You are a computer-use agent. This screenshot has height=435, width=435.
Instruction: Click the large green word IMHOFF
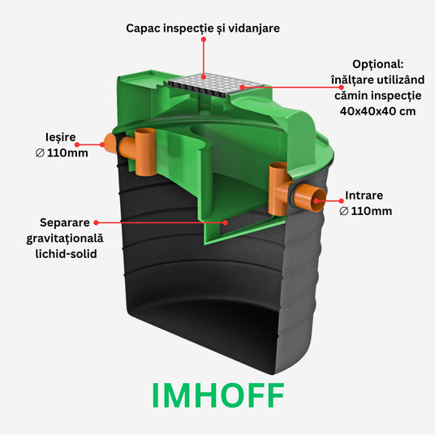(218, 395)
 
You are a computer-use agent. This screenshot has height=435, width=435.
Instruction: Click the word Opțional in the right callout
(378, 64)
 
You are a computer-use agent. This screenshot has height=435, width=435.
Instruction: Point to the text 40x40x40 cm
(378, 111)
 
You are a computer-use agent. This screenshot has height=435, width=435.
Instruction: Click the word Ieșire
(61, 137)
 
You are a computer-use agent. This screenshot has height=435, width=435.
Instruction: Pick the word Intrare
(364, 196)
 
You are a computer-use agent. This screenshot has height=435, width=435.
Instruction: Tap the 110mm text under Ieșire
(67, 153)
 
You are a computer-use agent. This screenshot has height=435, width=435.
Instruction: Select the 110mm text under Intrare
(372, 211)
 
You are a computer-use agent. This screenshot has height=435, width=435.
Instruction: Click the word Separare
(65, 222)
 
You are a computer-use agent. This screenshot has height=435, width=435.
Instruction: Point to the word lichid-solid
(66, 254)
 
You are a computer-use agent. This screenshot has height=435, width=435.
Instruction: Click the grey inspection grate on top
(215, 85)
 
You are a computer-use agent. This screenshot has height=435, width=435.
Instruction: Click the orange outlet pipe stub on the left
(110, 144)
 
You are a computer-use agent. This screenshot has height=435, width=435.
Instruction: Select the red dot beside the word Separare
(97, 222)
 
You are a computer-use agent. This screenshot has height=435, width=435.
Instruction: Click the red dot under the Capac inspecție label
(204, 40)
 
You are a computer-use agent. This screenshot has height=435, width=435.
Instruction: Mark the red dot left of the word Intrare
(341, 200)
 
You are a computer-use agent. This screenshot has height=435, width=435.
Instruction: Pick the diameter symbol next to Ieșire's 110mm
(40, 153)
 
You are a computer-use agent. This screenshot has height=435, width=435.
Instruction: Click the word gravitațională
(65, 239)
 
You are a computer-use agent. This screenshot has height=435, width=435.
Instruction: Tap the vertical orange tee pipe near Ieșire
(145, 152)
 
